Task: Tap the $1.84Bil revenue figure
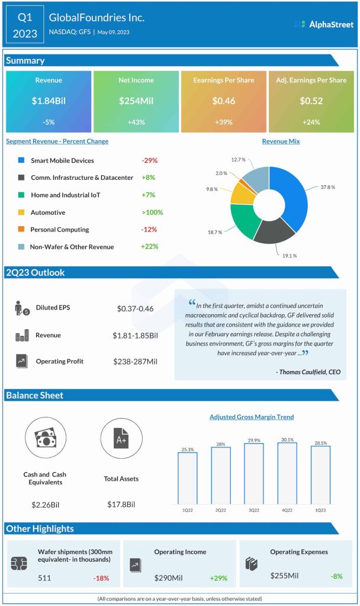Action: (49, 101)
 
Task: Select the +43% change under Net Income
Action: (136, 123)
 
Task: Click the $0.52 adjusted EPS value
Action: (311, 101)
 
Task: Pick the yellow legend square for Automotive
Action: (21, 212)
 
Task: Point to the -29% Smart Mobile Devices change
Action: (150, 160)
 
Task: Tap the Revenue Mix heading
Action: (281, 141)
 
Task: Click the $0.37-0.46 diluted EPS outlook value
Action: (136, 308)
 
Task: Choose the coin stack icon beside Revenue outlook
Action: (22, 336)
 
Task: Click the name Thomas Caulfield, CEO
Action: (308, 372)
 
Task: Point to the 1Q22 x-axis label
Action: (188, 509)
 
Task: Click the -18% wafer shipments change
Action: (100, 578)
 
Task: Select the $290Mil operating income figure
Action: (171, 578)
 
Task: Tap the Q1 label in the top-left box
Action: (24, 17)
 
